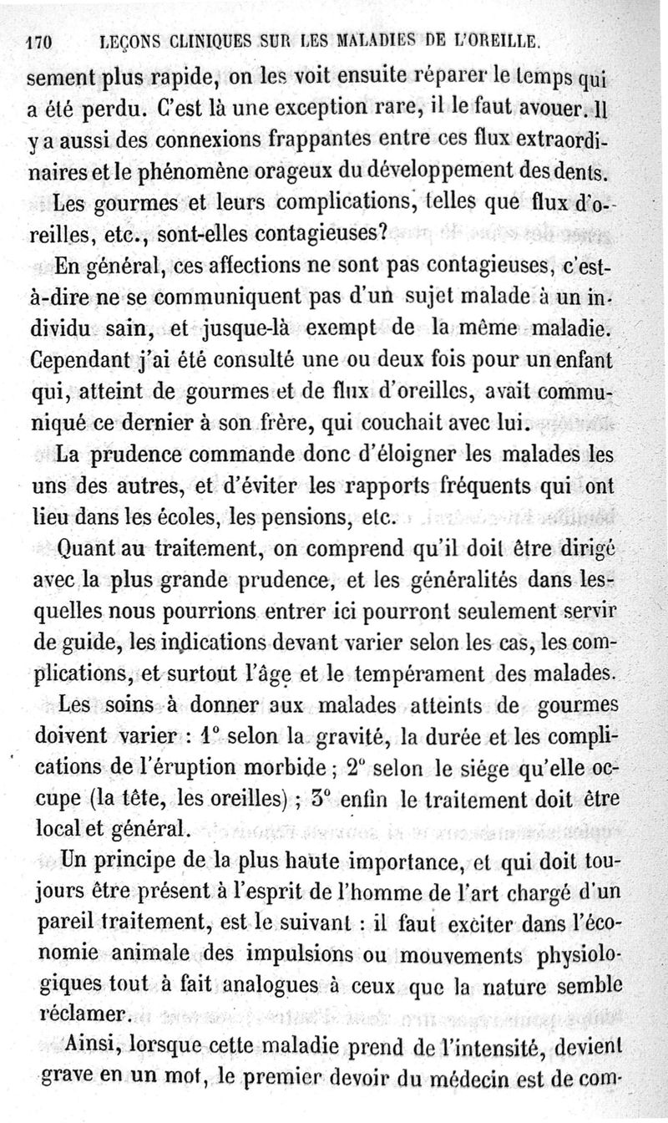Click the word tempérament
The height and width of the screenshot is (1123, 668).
click(461, 673)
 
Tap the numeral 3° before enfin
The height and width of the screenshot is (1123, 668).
click(321, 800)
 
